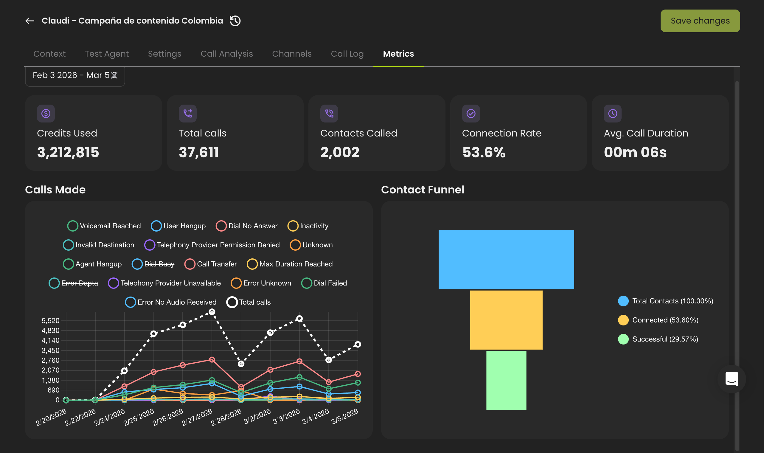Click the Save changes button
(x=700, y=21)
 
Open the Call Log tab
(x=347, y=54)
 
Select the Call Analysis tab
(x=226, y=54)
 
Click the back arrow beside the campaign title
(x=29, y=21)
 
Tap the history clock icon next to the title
(x=235, y=21)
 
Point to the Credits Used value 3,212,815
(x=68, y=152)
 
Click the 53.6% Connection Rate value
(x=484, y=152)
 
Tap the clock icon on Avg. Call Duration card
(x=612, y=114)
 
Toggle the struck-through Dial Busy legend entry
(x=153, y=264)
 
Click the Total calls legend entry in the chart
(x=249, y=302)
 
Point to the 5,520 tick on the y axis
(x=50, y=320)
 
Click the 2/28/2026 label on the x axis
(x=226, y=417)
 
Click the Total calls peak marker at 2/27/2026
(x=212, y=312)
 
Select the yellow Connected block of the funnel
(x=506, y=320)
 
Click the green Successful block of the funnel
(x=506, y=380)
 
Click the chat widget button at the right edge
(x=731, y=379)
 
